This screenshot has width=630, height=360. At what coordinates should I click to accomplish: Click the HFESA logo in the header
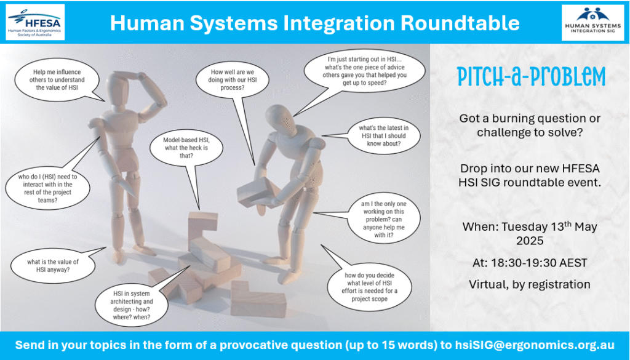pyautogui.click(x=35, y=22)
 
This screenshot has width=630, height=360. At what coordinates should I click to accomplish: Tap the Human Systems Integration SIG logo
pyautogui.click(x=592, y=22)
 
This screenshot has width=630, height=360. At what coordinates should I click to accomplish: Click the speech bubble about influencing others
pyautogui.click(x=57, y=80)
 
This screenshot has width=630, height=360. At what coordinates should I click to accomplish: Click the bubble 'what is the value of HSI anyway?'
pyautogui.click(x=53, y=266)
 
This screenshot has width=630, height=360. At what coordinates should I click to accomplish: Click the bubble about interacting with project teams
pyautogui.click(x=46, y=188)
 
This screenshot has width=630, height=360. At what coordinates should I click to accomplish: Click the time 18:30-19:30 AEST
pyautogui.click(x=530, y=263)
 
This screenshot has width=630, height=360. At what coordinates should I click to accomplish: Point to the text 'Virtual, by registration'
pyautogui.click(x=530, y=284)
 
